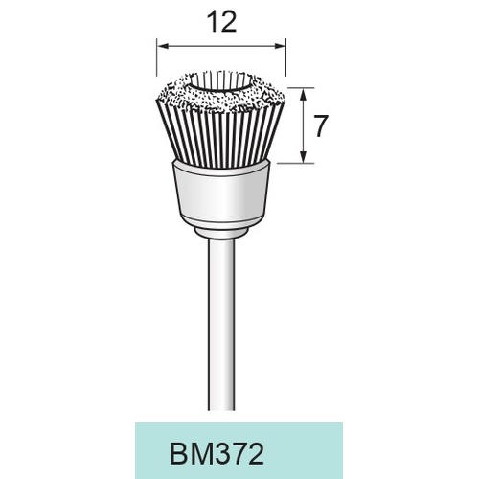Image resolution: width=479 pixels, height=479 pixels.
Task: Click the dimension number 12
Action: point(221,22)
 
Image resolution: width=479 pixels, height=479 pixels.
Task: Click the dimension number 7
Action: point(321,125)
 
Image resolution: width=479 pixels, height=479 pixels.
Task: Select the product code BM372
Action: point(217,454)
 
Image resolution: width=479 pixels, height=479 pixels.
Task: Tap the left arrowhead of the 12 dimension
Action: point(163,47)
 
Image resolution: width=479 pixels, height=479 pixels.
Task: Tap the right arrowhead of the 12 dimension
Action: point(280,47)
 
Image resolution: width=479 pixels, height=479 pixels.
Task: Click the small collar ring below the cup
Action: point(221,232)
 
